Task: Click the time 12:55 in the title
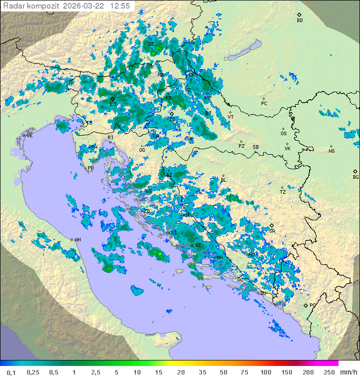120,6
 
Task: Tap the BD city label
299,21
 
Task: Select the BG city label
355,177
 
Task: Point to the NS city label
331,151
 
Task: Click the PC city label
264,104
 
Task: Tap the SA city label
272,231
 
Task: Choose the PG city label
312,305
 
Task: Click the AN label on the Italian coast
77,240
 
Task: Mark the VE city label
29,136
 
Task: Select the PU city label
90,168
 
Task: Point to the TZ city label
283,192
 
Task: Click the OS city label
283,134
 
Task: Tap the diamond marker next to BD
299,15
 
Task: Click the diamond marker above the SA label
271,226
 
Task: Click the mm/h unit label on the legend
348,372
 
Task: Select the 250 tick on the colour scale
328,372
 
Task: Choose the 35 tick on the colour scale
202,372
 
